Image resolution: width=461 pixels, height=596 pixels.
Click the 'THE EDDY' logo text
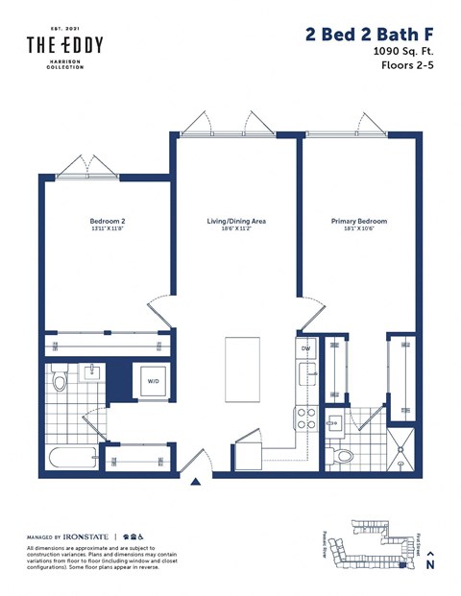coord(65,44)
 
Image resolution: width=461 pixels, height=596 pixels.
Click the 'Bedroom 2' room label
coord(108,221)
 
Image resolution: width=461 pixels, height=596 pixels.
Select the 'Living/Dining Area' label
coord(236,221)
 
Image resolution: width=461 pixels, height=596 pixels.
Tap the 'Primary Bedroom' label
coord(358,221)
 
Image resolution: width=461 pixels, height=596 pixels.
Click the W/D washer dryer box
coord(154,381)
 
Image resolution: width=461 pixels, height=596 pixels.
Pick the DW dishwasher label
coord(305,347)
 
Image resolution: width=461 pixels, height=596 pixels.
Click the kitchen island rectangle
coord(244,369)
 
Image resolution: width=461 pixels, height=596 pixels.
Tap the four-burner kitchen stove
coord(305,417)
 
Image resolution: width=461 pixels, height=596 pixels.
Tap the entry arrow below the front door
coord(196,482)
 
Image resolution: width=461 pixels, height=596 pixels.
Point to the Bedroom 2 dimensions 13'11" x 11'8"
coord(108,229)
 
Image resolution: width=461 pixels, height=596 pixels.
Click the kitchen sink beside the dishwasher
coord(305,372)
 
